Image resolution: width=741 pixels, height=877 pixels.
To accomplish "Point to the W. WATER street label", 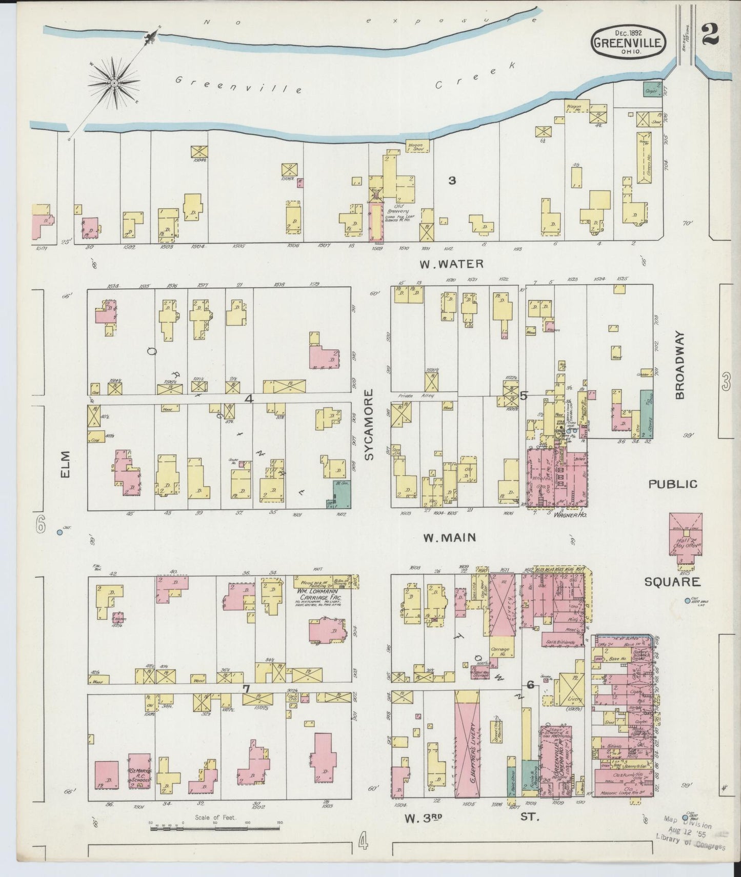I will [x=451, y=264].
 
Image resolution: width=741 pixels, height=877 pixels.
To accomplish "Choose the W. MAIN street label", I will [x=449, y=537].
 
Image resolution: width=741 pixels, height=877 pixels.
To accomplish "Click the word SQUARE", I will [x=672, y=582].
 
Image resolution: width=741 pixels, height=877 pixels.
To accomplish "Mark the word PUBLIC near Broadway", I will [x=673, y=484].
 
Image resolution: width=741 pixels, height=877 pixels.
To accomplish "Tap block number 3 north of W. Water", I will [x=451, y=180].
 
